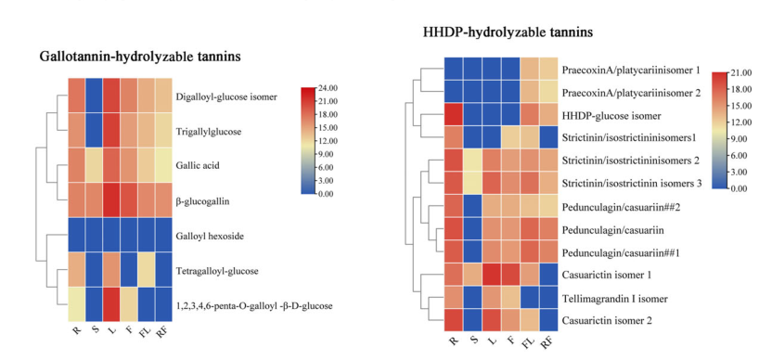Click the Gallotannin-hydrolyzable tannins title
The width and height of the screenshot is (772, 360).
[140, 57]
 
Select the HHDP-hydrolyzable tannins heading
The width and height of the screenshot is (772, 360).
[508, 32]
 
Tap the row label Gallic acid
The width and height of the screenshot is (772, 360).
[198, 165]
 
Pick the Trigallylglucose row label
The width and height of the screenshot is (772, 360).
[208, 132]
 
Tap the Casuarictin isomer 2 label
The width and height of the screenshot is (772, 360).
[607, 321]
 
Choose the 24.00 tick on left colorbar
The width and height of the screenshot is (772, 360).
[328, 88]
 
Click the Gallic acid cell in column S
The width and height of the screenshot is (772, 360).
[94, 165]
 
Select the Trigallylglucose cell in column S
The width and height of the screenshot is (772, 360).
[94, 131]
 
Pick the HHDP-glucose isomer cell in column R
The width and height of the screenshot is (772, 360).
[454, 115]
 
